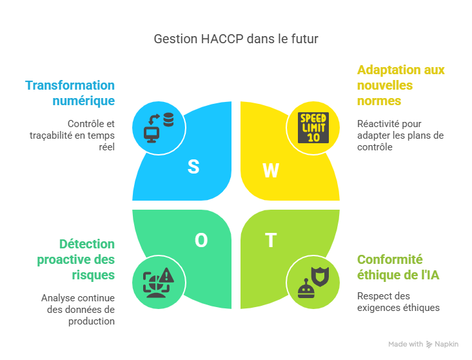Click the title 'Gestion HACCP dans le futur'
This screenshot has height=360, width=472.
pos(235,39)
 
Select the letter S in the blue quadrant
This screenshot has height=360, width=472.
pos(193,166)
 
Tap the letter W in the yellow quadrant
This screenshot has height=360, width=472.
pos(271,170)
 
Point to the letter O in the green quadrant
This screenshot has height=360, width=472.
pos(201,241)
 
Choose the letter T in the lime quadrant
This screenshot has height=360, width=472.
pos(271,241)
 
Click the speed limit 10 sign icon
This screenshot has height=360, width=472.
pos(313,127)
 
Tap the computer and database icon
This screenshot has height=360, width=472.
pos(159,127)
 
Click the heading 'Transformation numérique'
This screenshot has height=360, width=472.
pos(70,93)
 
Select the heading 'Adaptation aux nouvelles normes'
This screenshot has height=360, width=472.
pos(400,85)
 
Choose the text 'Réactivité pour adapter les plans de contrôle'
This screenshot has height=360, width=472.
pos(400,135)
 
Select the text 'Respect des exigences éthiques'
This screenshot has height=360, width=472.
pos(398,302)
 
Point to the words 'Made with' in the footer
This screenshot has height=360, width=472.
pos(406,345)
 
